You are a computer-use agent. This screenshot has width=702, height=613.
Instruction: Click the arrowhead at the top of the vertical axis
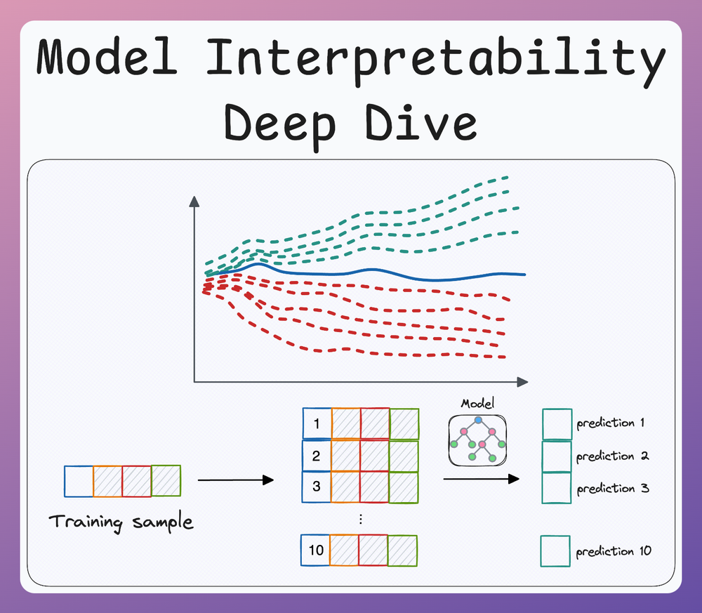pyautogui.click(x=194, y=202)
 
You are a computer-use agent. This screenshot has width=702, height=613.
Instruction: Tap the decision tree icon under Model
pyautogui.click(x=477, y=440)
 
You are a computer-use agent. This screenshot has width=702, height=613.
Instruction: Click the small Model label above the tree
pyautogui.click(x=477, y=404)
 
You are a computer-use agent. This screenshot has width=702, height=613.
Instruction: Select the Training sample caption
pyautogui.click(x=121, y=522)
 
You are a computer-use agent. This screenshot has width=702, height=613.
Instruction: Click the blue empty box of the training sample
pyautogui.click(x=79, y=482)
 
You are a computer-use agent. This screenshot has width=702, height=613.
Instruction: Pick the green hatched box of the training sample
pyautogui.click(x=166, y=481)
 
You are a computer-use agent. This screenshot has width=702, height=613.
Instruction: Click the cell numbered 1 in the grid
pyautogui.click(x=317, y=423)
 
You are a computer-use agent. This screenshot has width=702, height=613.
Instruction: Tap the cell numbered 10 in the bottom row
pyautogui.click(x=315, y=550)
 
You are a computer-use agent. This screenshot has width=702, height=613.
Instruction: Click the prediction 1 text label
pyautogui.click(x=610, y=423)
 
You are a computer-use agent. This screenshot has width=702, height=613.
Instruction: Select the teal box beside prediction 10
pyautogui.click(x=556, y=551)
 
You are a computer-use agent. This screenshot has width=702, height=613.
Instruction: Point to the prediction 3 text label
pyautogui.click(x=612, y=488)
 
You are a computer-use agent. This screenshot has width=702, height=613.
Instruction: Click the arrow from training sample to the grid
pyautogui.click(x=235, y=480)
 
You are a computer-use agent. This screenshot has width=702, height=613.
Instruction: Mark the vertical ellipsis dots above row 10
pyautogui.click(x=360, y=519)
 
